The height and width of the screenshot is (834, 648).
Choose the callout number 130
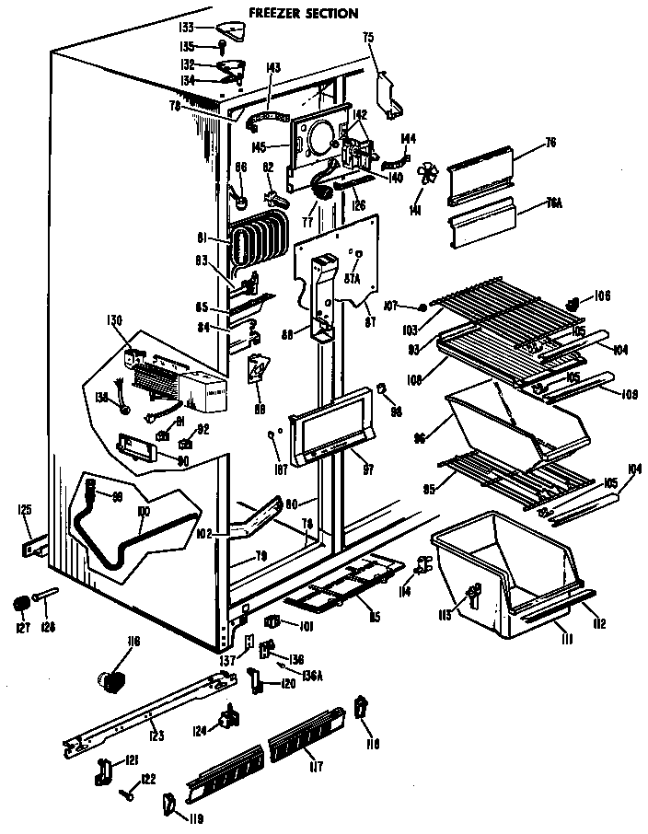(x=115, y=320)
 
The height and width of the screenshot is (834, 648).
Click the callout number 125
(x=25, y=509)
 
